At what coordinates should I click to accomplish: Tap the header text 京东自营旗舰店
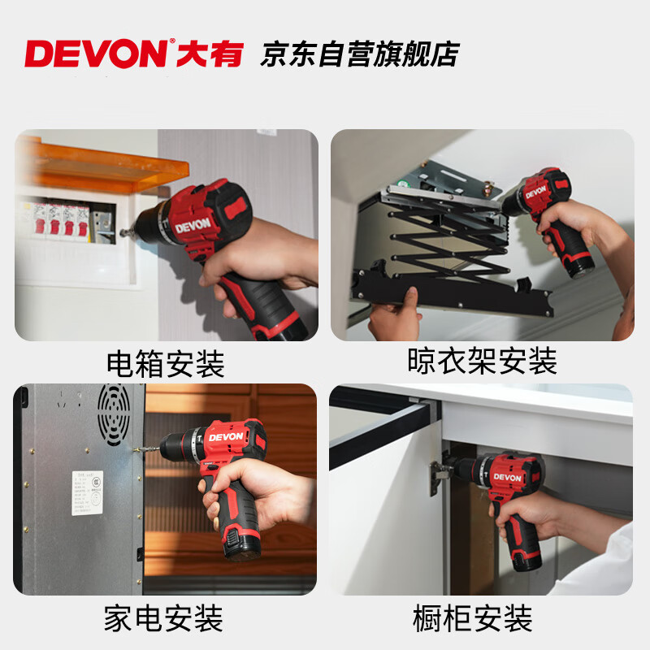(x=359, y=54)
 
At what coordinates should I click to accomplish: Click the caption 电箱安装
(x=165, y=363)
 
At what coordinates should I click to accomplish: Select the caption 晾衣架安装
(x=482, y=360)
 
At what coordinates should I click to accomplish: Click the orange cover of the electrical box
(x=97, y=167)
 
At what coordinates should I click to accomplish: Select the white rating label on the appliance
(x=87, y=492)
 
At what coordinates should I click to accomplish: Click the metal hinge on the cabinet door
(x=439, y=476)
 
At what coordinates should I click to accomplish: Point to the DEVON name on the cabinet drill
(x=507, y=477)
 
